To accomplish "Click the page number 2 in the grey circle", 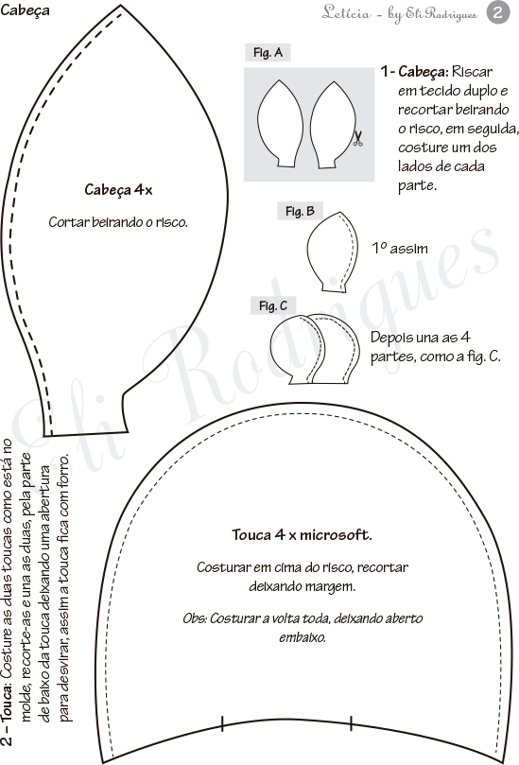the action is [497, 12].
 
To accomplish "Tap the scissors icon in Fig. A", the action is [357, 139].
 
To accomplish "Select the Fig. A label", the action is [268, 53].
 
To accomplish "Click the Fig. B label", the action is [300, 211].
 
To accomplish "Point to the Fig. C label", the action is [273, 305].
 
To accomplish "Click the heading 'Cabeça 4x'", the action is [118, 190].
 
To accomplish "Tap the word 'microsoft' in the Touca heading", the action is [336, 534].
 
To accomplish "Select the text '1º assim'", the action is [400, 249].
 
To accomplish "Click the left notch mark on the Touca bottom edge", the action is [222, 723].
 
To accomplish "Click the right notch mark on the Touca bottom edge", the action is [351, 723].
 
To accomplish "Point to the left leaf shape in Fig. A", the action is [280, 124].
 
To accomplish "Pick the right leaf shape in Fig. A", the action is [333, 126].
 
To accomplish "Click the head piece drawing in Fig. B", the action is [330, 252].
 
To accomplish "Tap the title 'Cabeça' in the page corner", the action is [25, 10].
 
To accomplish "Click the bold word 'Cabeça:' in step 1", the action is [423, 72].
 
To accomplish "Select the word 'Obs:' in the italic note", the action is [195, 618].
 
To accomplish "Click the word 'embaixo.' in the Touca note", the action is [303, 637].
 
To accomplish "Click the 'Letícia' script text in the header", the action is [346, 12].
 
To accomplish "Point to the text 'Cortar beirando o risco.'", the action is [118, 222].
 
